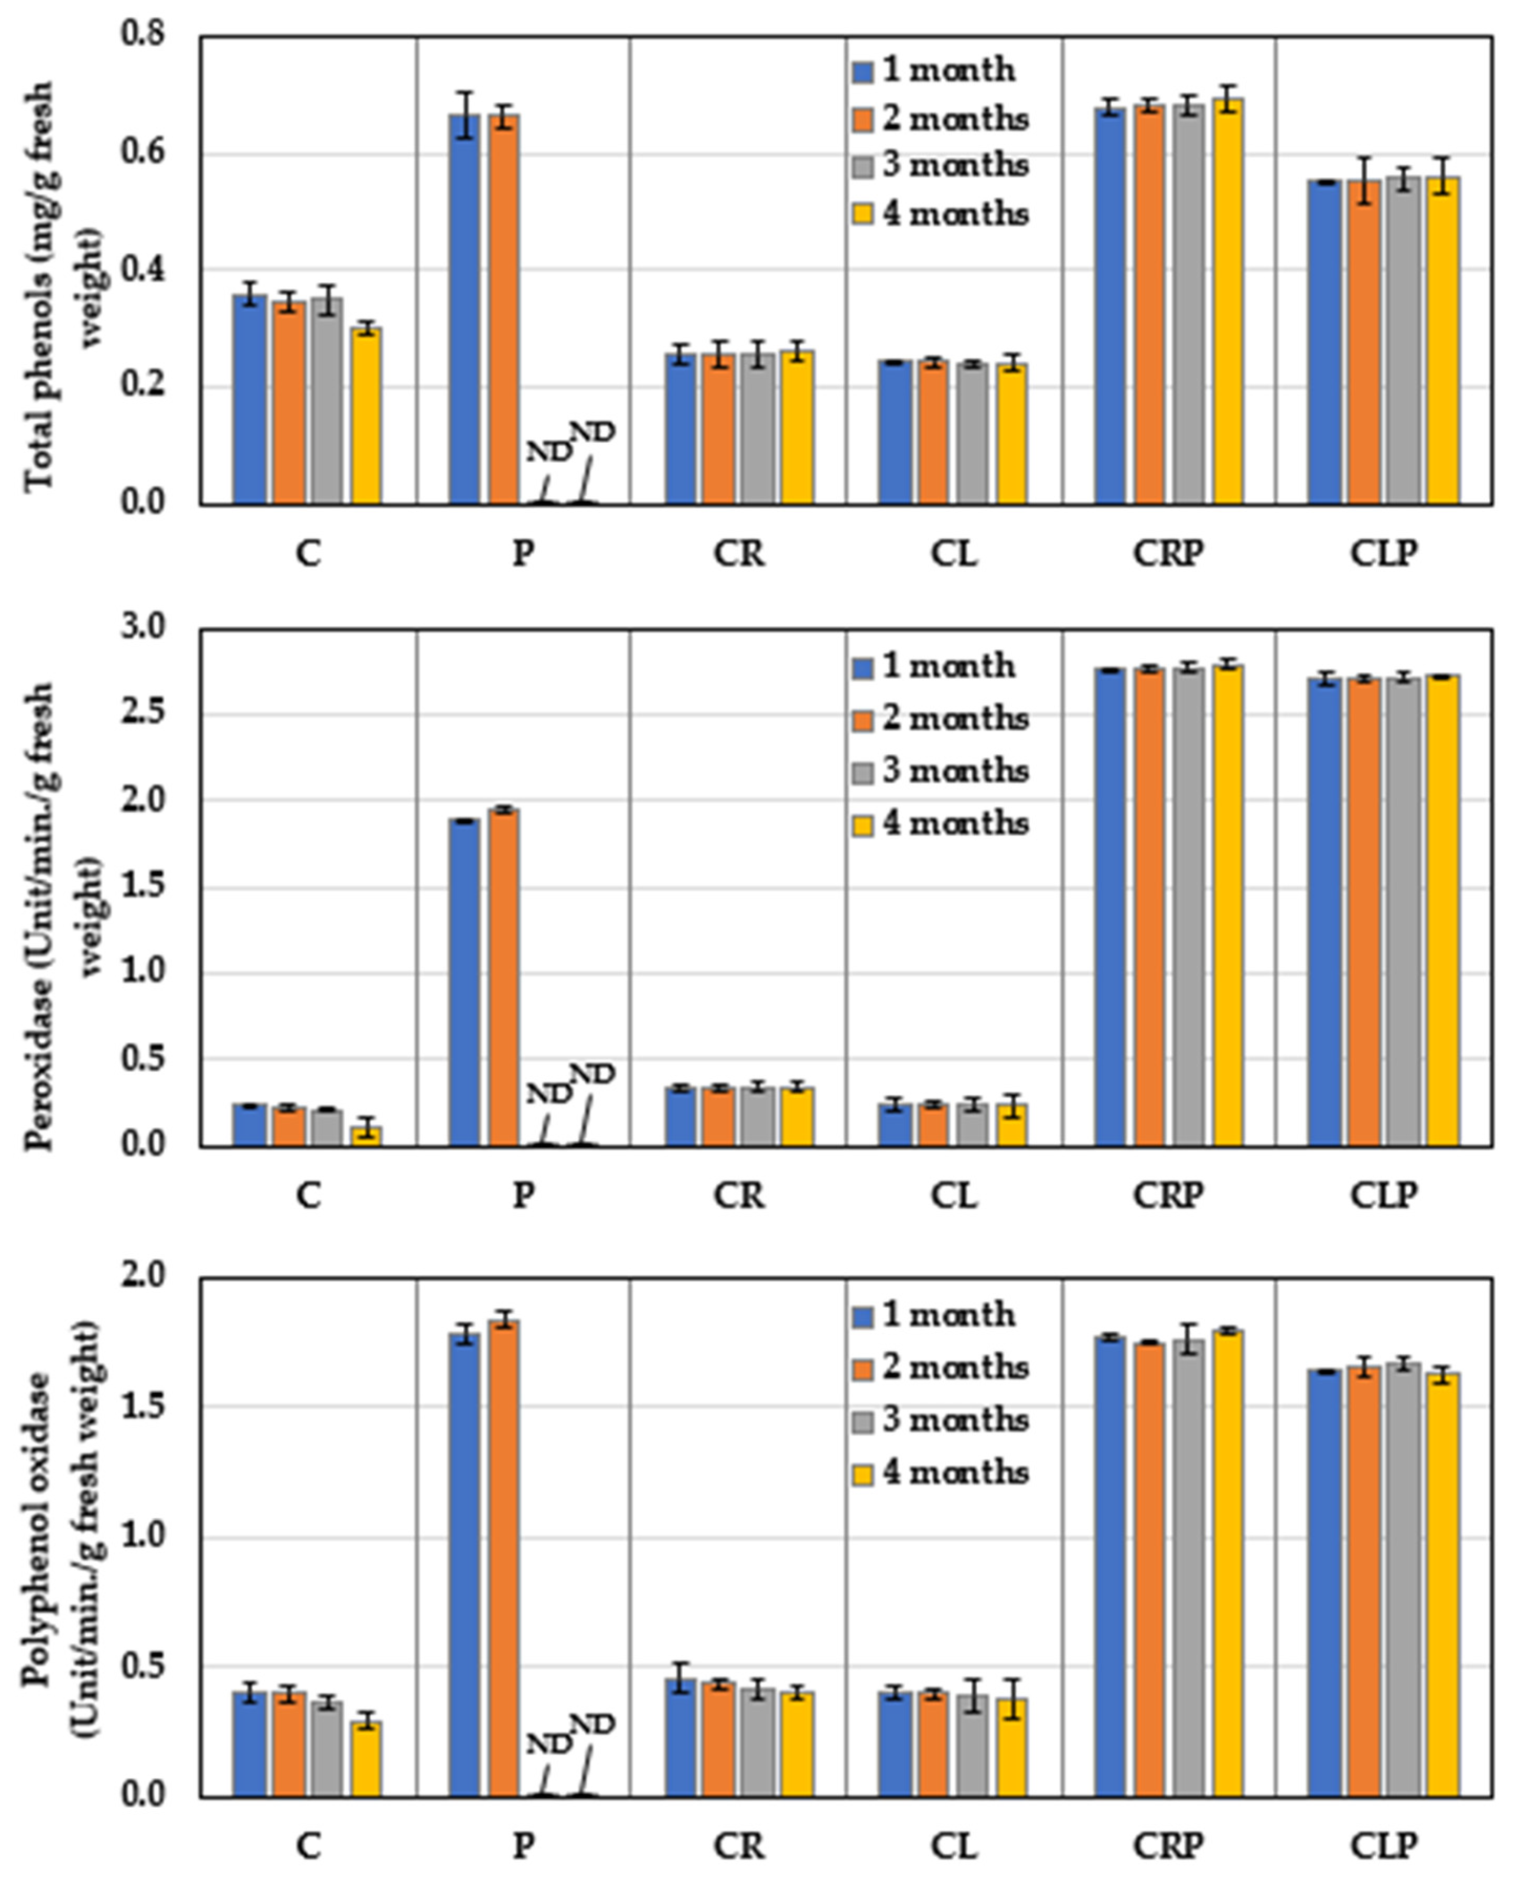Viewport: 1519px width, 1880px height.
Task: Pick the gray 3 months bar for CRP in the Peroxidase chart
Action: (1189, 907)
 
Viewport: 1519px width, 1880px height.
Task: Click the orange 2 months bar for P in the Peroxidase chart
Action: (504, 978)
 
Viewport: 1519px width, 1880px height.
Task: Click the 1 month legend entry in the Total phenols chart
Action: (934, 70)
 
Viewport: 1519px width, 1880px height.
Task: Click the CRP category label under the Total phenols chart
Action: (1169, 553)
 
